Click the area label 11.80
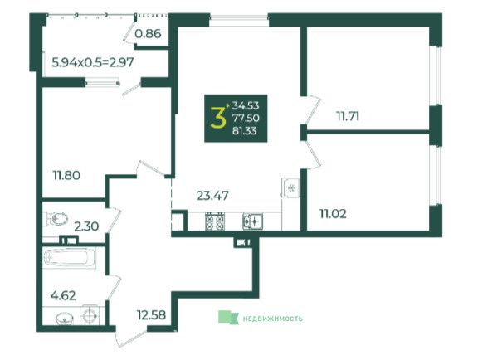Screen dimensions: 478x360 click(66, 175)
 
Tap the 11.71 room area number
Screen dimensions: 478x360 click(348, 116)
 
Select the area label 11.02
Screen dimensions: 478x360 click(333, 214)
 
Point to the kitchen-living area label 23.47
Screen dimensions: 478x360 click(212, 196)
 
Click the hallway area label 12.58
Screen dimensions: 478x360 click(151, 314)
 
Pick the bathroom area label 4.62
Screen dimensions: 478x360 click(63, 295)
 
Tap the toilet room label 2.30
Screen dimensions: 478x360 click(86, 226)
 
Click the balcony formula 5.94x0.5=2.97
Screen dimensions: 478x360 click(93, 62)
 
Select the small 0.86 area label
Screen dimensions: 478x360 click(148, 33)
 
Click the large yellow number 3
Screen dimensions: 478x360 click(218, 118)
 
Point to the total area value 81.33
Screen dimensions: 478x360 click(245, 131)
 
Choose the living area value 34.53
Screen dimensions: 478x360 click(246, 105)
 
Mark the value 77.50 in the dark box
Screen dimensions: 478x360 click(246, 118)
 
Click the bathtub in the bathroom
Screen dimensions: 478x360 click(70, 258)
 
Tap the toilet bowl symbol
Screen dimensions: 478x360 click(56, 218)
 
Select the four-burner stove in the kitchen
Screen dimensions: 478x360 click(215, 221)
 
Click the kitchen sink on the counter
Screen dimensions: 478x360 click(253, 221)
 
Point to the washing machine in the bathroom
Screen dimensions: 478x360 click(89, 314)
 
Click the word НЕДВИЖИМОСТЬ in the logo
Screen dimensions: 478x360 click(273, 319)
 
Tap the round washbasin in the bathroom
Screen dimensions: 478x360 click(65, 319)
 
